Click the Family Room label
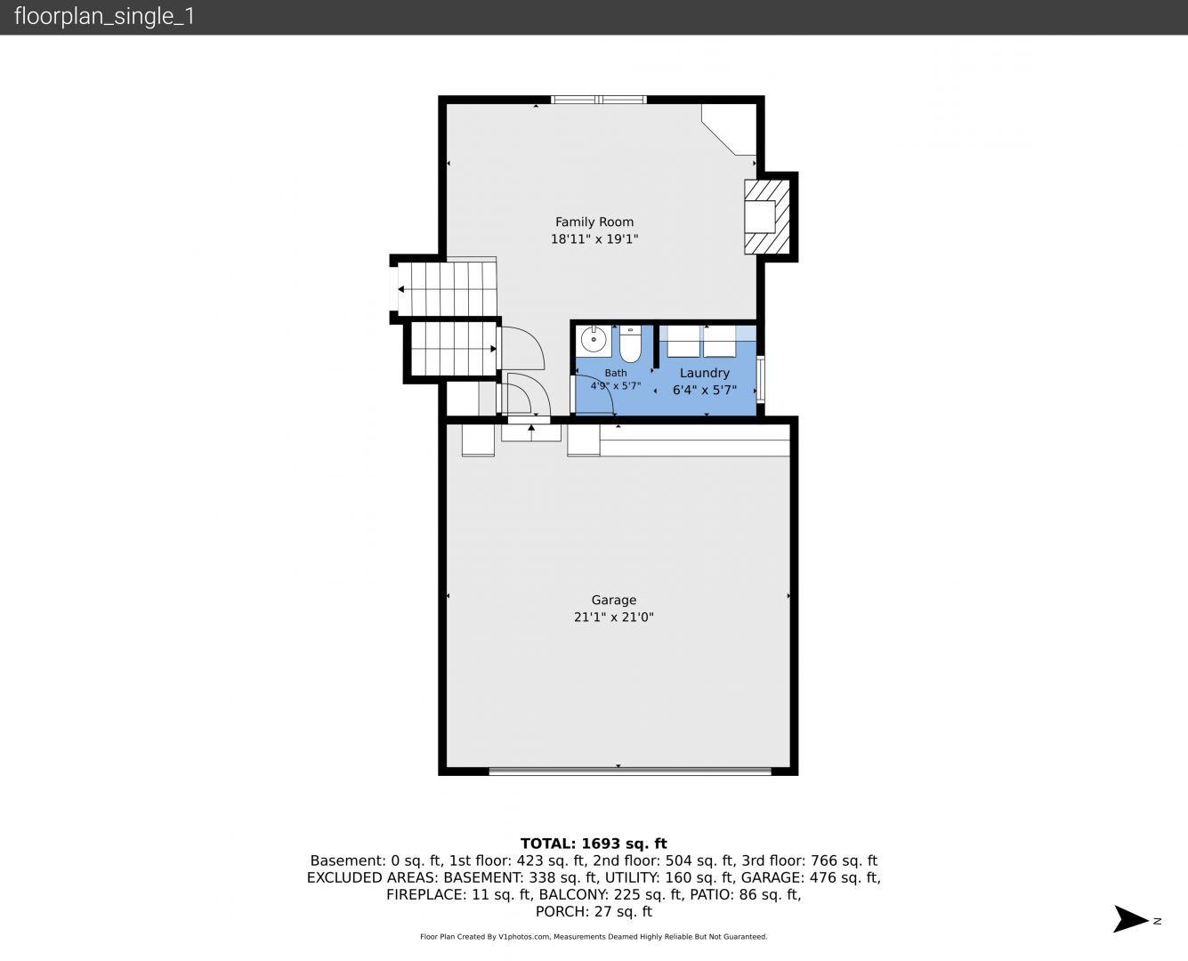click(594, 222)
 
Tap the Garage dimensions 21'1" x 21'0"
click(613, 617)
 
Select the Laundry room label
click(705, 373)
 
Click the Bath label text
click(616, 373)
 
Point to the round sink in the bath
click(594, 339)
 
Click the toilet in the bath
click(630, 344)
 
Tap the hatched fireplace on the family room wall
click(767, 217)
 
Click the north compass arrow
click(1132, 919)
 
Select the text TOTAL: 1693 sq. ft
click(594, 844)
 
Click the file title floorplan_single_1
click(104, 17)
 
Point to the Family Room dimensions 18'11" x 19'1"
click(594, 238)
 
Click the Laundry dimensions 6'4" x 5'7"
click(705, 390)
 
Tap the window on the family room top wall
click(599, 100)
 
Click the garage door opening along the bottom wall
click(630, 771)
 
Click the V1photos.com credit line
click(594, 937)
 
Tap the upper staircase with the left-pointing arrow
click(447, 289)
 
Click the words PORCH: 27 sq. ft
click(594, 912)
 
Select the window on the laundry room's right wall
click(760, 379)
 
